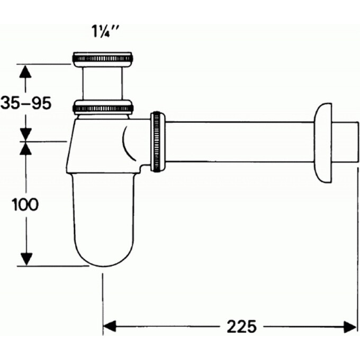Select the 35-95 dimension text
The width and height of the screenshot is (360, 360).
point(26,103)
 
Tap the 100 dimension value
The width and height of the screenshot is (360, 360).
point(25,204)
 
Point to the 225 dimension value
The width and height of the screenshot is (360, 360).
point(241,327)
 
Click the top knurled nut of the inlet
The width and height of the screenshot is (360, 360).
point(102,59)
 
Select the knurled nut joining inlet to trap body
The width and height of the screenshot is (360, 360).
point(103,107)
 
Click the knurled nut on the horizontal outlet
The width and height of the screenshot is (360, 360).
point(157,142)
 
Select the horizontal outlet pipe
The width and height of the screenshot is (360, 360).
point(238,142)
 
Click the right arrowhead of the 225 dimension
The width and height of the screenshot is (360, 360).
point(350,327)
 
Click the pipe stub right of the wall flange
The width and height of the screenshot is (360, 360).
point(347,142)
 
